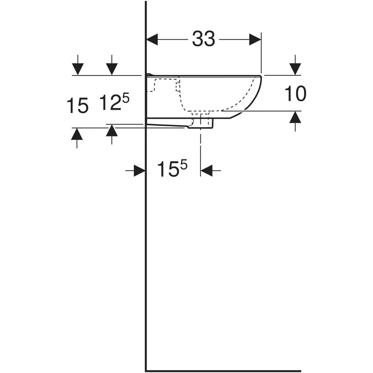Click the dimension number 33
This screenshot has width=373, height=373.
click(x=203, y=39)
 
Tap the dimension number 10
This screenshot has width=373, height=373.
click(x=295, y=94)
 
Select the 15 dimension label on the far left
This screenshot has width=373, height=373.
click(x=77, y=105)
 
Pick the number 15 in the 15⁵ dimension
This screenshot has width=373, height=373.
click(x=168, y=169)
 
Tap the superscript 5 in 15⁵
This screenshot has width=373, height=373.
click(x=184, y=165)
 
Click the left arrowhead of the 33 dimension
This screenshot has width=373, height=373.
click(x=152, y=39)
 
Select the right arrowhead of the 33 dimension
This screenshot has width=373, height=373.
click(x=255, y=39)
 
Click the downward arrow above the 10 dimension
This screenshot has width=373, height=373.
click(x=295, y=65)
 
